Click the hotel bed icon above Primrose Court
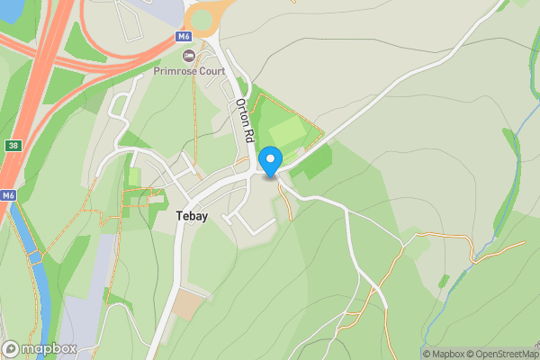click(x=189, y=56)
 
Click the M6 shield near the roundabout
click(x=184, y=37)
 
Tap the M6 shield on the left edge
click(x=8, y=195)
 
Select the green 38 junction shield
click(x=12, y=145)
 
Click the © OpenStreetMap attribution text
click(x=502, y=354)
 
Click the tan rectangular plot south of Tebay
click(x=190, y=304)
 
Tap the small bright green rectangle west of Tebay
click(x=134, y=176)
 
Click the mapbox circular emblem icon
click(x=11, y=349)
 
